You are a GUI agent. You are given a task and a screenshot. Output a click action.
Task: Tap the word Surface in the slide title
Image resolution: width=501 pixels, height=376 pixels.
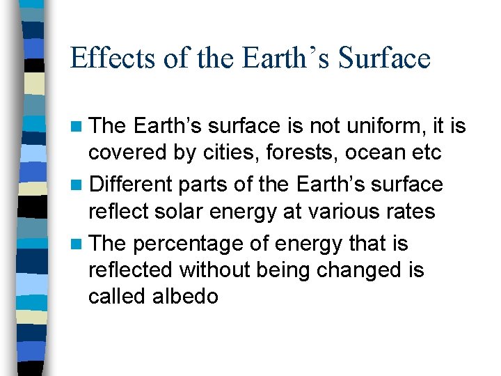(385, 57)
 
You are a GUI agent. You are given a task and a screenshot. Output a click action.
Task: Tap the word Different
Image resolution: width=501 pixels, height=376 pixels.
(132, 185)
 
